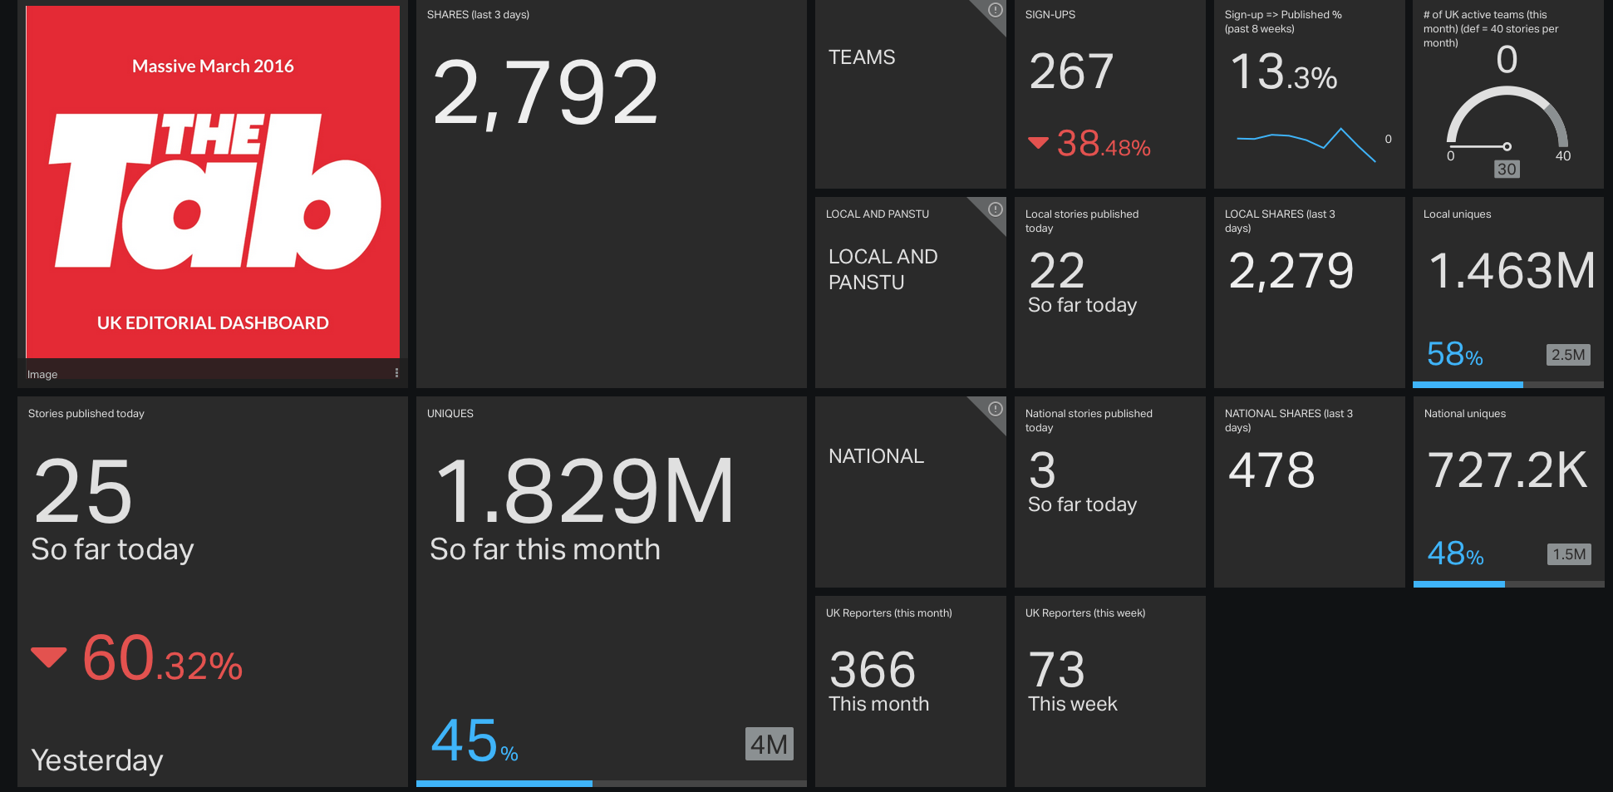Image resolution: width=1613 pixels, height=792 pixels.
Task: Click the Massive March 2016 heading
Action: tap(213, 66)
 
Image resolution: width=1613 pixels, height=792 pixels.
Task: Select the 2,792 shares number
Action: tap(546, 93)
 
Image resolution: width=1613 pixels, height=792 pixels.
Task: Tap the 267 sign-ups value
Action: tap(1071, 71)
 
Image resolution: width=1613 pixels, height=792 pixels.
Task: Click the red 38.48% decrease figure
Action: tap(1103, 145)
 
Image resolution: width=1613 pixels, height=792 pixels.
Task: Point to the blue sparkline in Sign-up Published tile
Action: tap(1306, 141)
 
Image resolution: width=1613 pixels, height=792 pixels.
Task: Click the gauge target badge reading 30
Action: tap(1507, 170)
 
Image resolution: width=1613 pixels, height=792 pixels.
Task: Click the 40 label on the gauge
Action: tap(1562, 156)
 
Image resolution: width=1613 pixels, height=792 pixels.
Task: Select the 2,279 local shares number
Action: tap(1291, 271)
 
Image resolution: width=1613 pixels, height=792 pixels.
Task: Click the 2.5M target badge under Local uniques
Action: tap(1567, 355)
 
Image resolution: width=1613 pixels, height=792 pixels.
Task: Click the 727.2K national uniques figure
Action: tap(1507, 470)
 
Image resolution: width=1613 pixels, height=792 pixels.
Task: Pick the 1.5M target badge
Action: tap(1568, 554)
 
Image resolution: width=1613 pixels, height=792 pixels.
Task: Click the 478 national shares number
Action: tap(1271, 470)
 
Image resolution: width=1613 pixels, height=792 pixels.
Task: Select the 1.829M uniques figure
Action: tap(584, 492)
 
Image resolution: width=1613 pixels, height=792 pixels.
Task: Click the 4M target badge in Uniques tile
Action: tap(769, 745)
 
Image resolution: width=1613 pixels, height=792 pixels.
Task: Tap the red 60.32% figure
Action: tap(162, 659)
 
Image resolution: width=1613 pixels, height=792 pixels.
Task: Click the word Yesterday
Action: tap(97, 760)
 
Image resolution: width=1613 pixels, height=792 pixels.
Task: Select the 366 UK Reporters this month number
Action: tap(872, 670)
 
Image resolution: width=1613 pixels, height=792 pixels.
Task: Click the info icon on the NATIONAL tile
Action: tap(995, 409)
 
